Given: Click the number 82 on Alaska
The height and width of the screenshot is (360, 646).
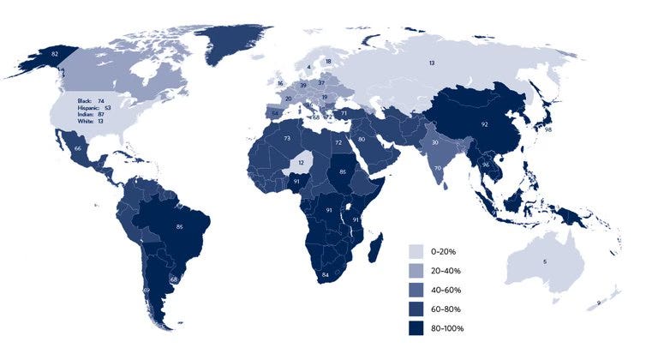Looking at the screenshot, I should (56, 53).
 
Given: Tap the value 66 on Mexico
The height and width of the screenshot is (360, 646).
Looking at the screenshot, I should (78, 149).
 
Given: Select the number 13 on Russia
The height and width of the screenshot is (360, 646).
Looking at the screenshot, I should (432, 63).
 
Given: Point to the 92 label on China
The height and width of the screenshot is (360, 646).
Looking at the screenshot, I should (484, 124).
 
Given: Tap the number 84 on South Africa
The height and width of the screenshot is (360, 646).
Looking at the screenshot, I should (326, 274).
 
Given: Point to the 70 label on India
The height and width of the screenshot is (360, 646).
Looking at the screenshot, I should (437, 169).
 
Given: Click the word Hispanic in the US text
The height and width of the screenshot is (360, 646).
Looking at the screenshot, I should (90, 108).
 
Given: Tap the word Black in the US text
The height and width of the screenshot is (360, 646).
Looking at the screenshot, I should (85, 100).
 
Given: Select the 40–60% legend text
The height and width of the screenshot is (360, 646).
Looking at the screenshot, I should (450, 290).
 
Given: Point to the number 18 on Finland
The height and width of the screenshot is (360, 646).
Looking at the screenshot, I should (328, 61).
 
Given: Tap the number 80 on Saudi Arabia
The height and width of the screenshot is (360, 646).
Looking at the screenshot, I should (362, 139).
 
